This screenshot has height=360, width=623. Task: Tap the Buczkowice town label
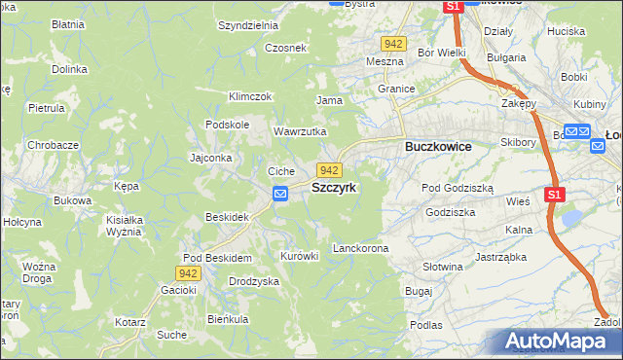click(438, 146)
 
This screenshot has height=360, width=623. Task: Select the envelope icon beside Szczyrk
click(280, 194)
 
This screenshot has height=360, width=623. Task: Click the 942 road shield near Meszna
click(393, 44)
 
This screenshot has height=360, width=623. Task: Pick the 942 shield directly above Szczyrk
click(329, 170)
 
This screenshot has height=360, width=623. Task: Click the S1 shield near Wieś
click(554, 195)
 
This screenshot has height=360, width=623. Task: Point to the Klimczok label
click(249, 96)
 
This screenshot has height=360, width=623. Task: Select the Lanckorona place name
click(360, 249)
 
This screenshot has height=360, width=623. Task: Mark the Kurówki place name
click(299, 257)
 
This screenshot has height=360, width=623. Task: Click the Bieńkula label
click(228, 318)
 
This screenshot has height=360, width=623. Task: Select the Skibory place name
click(519, 142)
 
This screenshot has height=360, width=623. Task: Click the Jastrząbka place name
click(500, 258)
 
